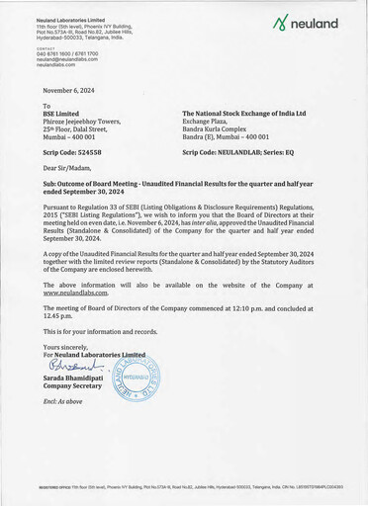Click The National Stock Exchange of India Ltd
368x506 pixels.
pos(254,114)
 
